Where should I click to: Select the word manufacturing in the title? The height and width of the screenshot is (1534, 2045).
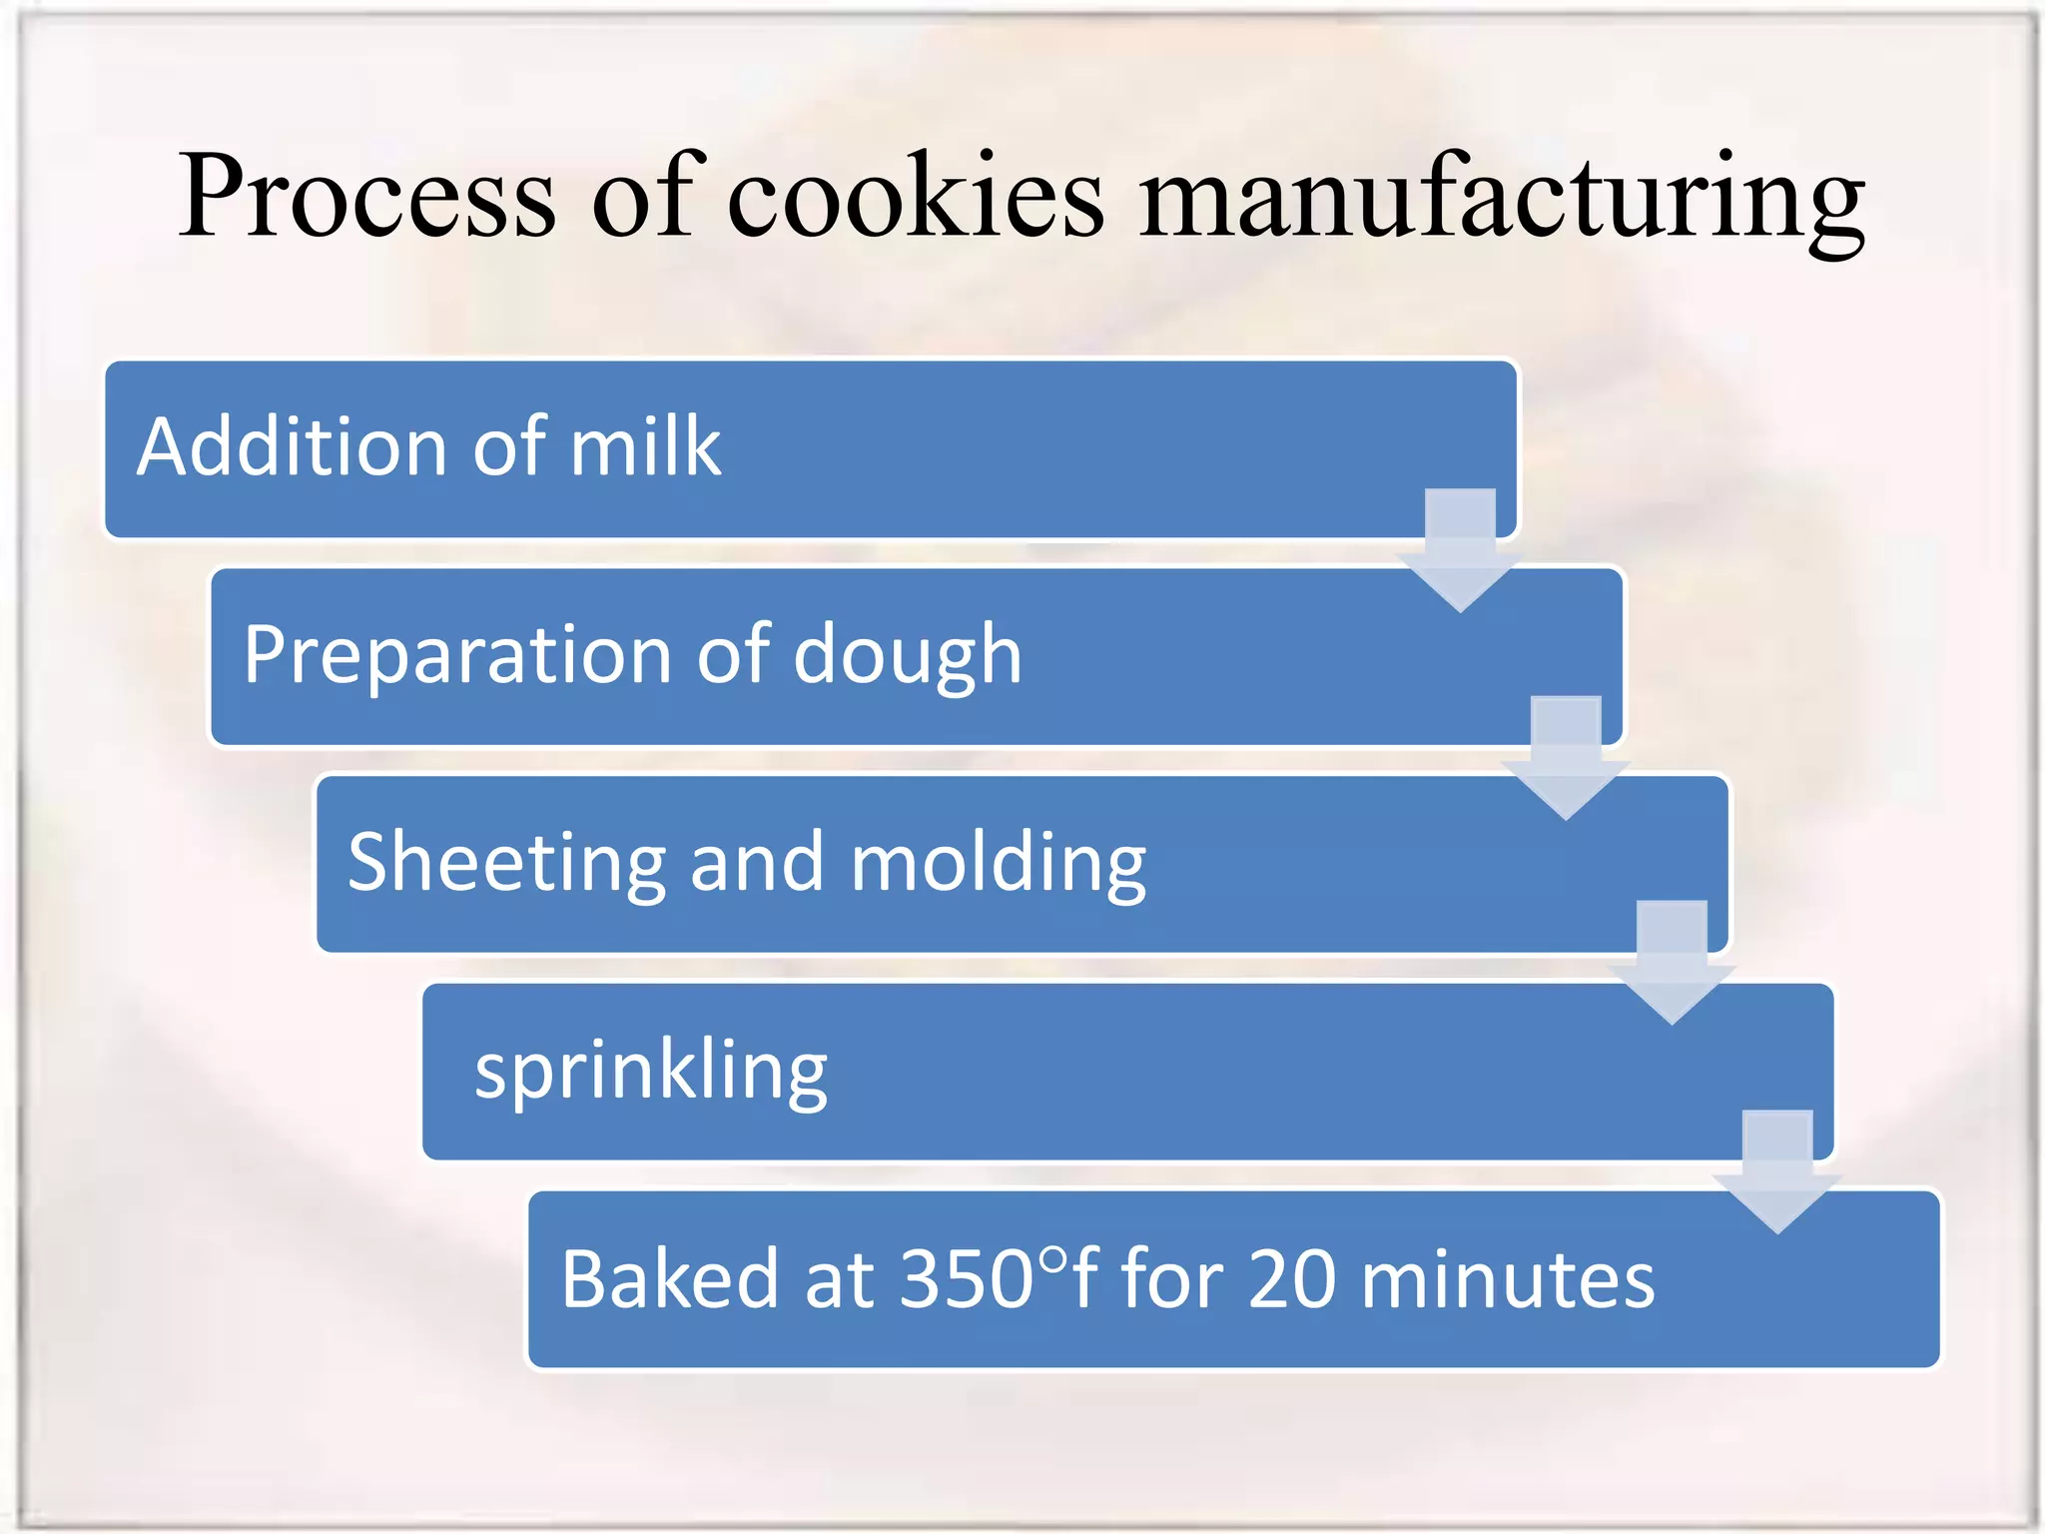pos(1501,198)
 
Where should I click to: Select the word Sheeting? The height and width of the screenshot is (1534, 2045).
pos(506,863)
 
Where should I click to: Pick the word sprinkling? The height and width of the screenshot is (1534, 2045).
pos(650,1072)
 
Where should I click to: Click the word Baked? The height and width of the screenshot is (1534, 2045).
pos(669,1279)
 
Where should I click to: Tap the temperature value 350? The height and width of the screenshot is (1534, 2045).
pos(966,1279)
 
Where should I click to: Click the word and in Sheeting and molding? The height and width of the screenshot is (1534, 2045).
pos(757,863)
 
